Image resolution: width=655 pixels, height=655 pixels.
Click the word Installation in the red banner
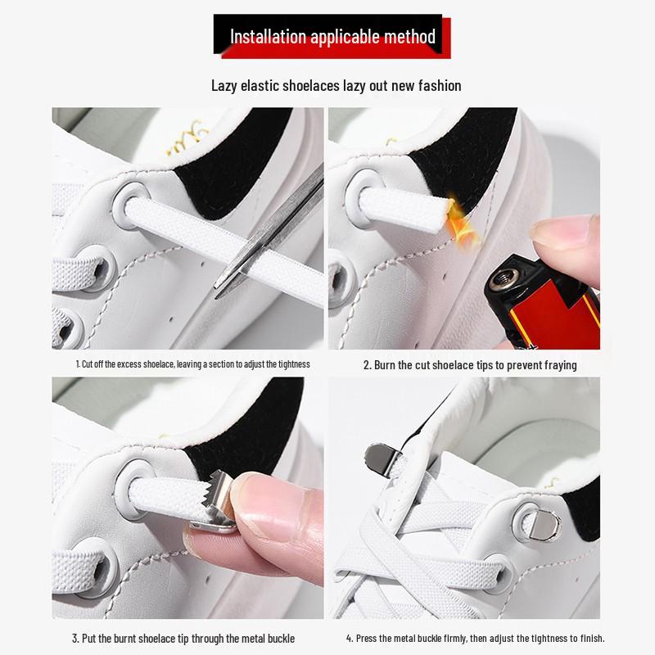(x=268, y=37)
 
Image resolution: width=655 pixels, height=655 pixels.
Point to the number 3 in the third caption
(x=75, y=639)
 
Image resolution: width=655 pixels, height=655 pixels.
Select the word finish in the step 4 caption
(x=592, y=639)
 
